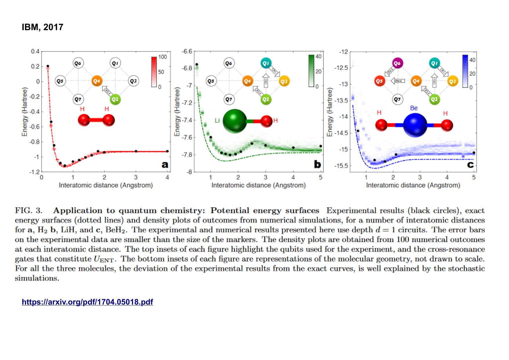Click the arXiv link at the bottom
tap(87, 302)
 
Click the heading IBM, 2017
tap(42, 27)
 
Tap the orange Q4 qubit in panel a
tap(97, 81)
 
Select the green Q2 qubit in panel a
tap(115, 100)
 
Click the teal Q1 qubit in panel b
tap(266, 63)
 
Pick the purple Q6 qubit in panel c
tap(397, 63)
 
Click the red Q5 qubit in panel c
tap(379, 81)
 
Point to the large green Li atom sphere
tap(234, 121)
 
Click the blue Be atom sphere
tap(415, 125)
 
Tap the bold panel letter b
tap(317, 164)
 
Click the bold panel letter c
tap(470, 165)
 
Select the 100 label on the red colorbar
tap(163, 57)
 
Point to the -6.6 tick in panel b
tap(187, 51)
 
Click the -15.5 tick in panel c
tap(341, 166)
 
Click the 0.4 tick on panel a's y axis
tap(35, 51)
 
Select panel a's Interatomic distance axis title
tap(106, 185)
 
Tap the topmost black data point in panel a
tap(48, 66)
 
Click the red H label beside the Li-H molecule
tap(275, 120)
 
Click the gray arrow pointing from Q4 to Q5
tap(398, 81)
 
